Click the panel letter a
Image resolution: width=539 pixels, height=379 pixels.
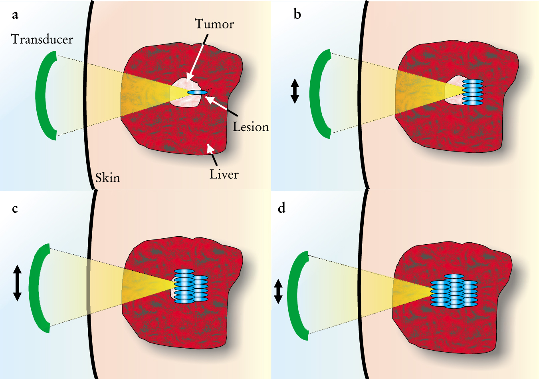click(15, 15)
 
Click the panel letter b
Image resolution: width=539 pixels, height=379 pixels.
click(297, 14)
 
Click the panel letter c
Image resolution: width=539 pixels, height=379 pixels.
click(15, 209)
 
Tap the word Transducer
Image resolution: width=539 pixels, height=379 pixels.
click(42, 39)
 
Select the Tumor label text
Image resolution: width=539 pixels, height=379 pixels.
click(214, 24)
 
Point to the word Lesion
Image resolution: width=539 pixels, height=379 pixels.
click(251, 127)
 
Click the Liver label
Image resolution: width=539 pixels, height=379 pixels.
click(224, 174)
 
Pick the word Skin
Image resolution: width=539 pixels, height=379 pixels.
click(108, 178)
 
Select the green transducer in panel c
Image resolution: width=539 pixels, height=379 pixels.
click(34, 288)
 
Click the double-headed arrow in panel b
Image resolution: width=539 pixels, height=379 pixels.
click(295, 91)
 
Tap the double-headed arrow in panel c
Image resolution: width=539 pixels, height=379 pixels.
click(17, 283)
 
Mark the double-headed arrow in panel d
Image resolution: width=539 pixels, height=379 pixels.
click(278, 291)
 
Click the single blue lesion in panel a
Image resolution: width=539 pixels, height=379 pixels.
click(198, 93)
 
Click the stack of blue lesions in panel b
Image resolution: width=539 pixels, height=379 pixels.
click(473, 92)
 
